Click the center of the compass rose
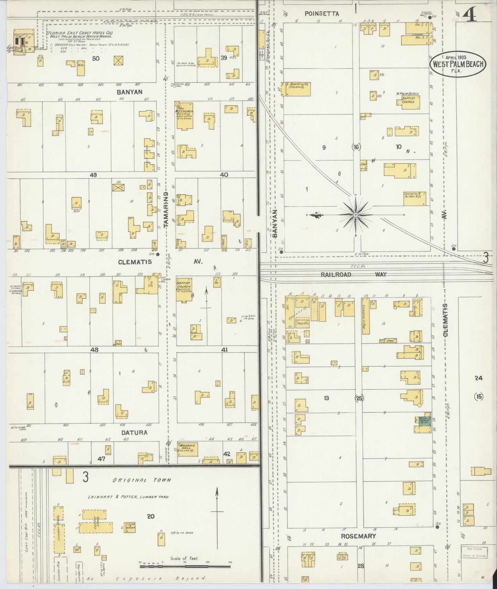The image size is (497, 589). point(356,215)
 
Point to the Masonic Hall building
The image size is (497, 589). point(187,449)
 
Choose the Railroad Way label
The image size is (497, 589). point(353,274)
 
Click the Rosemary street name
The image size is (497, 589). point(358,536)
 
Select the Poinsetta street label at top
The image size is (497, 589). point(322,14)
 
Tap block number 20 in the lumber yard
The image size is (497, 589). point(151,516)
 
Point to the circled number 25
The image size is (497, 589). point(359,398)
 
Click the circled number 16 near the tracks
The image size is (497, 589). point(356,147)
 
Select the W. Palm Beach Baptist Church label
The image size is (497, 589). point(408,98)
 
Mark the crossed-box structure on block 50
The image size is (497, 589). point(119,60)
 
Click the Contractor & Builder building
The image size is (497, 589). point(414,198)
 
